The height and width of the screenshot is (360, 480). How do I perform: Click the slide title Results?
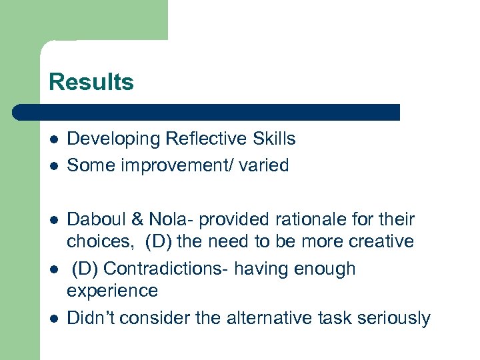click(x=91, y=82)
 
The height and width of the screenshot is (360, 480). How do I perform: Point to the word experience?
click(x=113, y=291)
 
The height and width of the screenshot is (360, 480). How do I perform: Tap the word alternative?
click(x=259, y=318)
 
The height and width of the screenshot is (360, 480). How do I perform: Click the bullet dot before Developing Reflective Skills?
click(x=53, y=139)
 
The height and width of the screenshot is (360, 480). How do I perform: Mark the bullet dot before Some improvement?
click(x=53, y=165)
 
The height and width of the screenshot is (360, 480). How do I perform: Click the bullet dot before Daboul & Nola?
click(x=53, y=220)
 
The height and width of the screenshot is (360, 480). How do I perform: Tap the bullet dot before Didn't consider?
click(x=53, y=319)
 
